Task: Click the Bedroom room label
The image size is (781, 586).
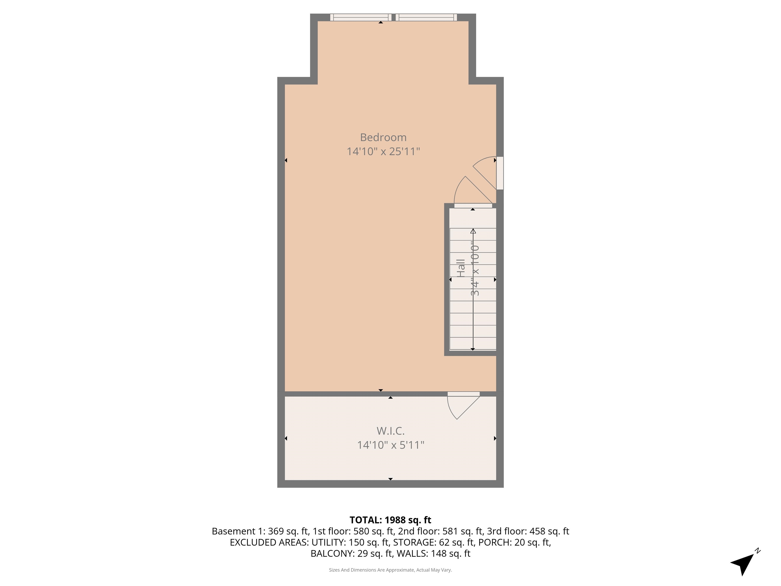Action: pyautogui.click(x=383, y=137)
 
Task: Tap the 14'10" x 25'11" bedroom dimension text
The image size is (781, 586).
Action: pyautogui.click(x=383, y=152)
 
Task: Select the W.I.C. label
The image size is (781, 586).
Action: pyautogui.click(x=390, y=431)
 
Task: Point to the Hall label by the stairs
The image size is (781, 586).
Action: pyautogui.click(x=460, y=268)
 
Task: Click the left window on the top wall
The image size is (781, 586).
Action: pyautogui.click(x=361, y=17)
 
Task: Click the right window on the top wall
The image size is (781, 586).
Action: pyautogui.click(x=426, y=17)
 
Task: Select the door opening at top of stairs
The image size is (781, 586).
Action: pyautogui.click(x=473, y=206)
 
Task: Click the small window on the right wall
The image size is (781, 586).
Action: pyautogui.click(x=500, y=173)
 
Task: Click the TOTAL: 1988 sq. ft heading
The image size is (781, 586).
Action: pyautogui.click(x=390, y=520)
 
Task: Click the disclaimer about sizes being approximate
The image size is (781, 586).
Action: pyautogui.click(x=390, y=570)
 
